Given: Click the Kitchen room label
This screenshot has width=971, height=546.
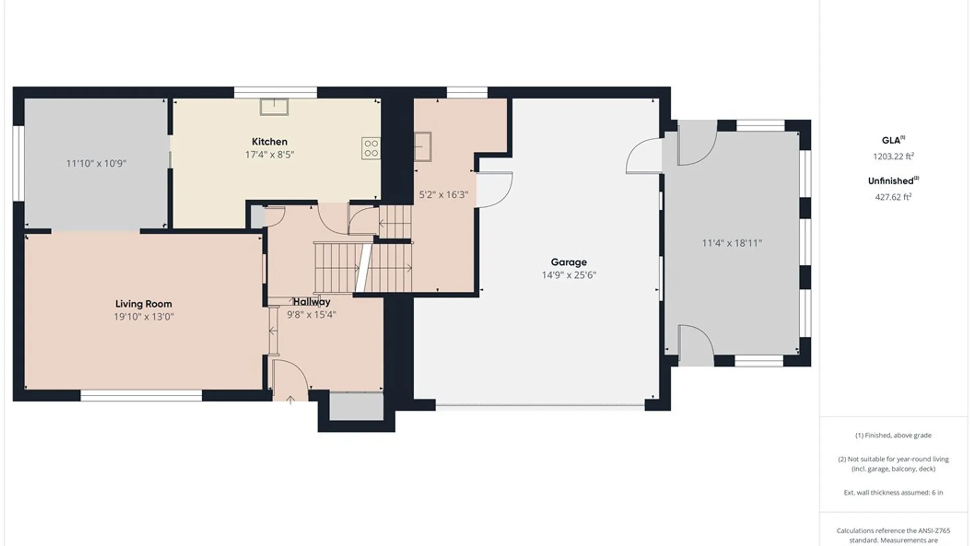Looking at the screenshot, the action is (270, 142).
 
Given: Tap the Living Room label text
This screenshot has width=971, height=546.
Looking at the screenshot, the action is (144, 304).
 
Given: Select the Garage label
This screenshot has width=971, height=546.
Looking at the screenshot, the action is (569, 262).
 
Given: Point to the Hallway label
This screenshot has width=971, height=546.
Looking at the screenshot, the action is (312, 302).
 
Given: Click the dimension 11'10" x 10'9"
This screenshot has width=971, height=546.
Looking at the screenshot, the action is (96, 163).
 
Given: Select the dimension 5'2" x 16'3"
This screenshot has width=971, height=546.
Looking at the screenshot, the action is (444, 195).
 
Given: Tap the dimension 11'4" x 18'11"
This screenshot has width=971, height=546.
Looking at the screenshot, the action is (732, 243).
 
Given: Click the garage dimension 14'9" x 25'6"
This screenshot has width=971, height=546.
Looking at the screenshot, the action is (569, 275).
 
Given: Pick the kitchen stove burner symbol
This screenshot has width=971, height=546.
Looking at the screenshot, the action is (371, 148).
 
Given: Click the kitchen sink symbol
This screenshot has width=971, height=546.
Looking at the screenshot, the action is (274, 107).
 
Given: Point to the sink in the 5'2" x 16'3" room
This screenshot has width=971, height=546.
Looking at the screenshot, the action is (423, 147).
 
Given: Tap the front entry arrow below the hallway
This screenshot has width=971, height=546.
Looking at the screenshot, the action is (290, 400).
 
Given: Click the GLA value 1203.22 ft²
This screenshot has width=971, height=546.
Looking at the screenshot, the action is (893, 156).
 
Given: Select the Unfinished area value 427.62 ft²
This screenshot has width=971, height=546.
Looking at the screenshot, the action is (893, 197).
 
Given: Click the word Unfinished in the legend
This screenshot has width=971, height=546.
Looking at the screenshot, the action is (891, 181).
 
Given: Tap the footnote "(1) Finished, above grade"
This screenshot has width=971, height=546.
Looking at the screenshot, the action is (893, 435).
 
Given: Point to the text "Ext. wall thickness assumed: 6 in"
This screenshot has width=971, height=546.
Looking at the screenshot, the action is (893, 492).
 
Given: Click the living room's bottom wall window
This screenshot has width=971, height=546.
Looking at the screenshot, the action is (142, 395).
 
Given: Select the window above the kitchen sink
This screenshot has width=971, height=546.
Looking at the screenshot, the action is (276, 93).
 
